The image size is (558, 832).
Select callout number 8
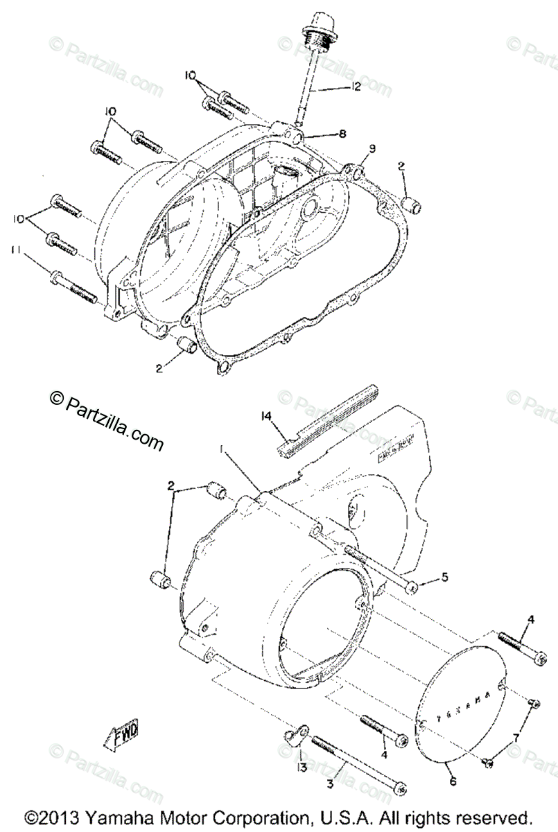click(x=342, y=133)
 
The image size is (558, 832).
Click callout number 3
click(x=330, y=784)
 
